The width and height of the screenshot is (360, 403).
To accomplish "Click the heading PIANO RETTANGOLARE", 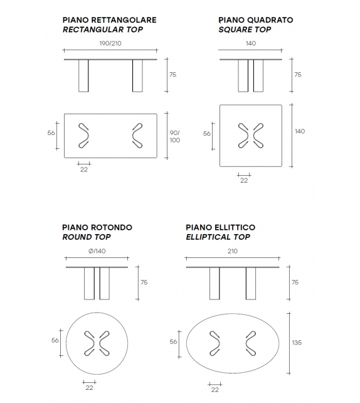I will [109, 20].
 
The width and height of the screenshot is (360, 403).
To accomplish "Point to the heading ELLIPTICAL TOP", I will [218, 237].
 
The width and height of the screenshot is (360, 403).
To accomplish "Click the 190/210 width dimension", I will [110, 44].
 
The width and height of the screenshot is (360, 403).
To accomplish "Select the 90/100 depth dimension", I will [174, 136].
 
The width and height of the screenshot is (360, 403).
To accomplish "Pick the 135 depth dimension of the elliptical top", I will [297, 342].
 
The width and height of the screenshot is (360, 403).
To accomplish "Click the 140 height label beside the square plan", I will [300, 131].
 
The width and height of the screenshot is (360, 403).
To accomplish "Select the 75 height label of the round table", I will [144, 282].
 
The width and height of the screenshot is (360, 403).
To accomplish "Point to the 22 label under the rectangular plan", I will [83, 169].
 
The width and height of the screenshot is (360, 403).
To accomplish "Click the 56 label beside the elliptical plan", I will [172, 341].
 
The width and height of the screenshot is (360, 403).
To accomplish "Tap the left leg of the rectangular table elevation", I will [85, 77].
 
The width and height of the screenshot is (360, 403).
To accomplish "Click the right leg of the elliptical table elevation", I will [251, 286].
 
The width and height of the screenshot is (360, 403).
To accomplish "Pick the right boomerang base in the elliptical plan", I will [251, 342].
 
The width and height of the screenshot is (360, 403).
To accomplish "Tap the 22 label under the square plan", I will [244, 181].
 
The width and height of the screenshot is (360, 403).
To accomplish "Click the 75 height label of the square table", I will [297, 74].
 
